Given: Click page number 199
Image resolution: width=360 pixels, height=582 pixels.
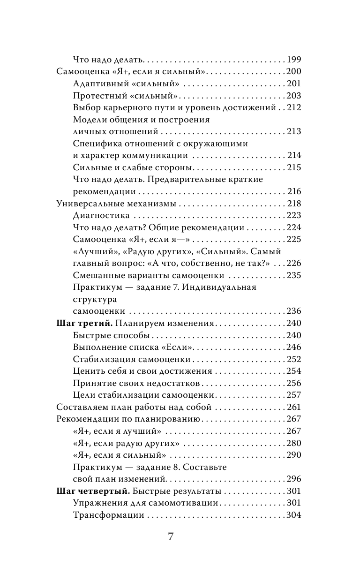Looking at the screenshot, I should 292,60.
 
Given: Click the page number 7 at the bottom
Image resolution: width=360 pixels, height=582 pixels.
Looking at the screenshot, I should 171,537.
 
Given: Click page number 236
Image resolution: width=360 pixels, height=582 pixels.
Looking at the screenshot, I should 292,311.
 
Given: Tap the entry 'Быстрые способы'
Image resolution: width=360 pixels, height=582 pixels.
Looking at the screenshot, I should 111,335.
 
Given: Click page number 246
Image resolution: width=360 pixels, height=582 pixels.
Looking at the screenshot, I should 292,348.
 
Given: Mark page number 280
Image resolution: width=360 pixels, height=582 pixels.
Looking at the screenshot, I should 292,443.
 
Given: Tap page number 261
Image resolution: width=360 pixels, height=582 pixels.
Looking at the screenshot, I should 292,407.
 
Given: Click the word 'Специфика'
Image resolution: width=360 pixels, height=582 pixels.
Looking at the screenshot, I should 97,144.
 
